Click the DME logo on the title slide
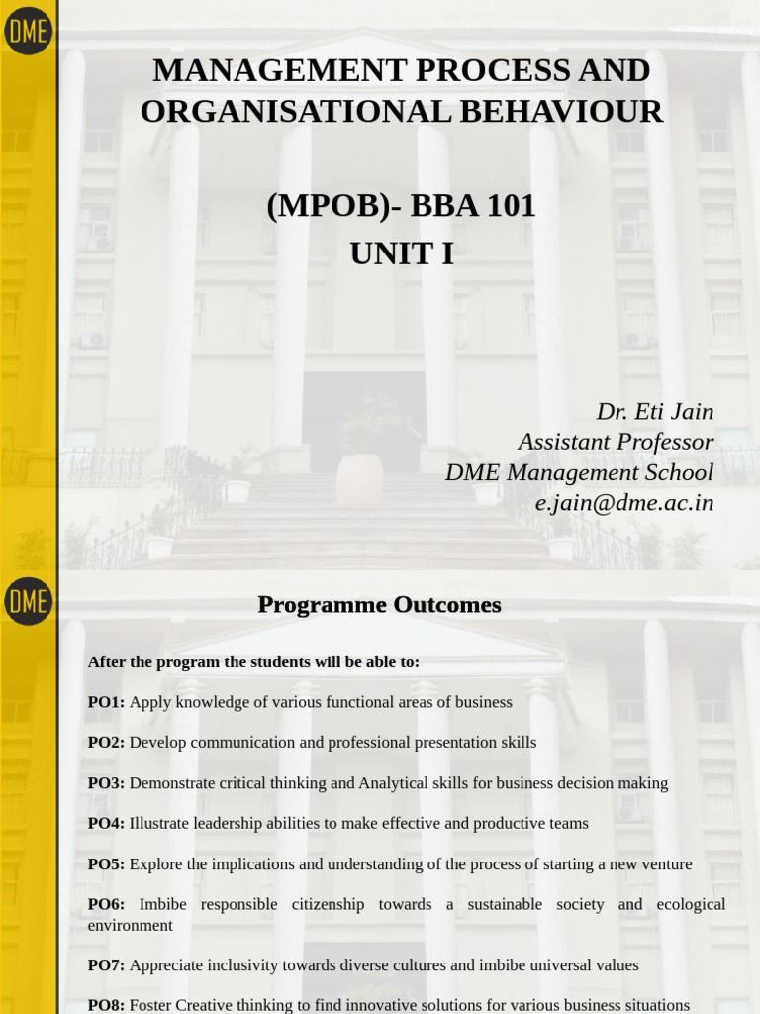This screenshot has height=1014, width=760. pyautogui.click(x=28, y=31)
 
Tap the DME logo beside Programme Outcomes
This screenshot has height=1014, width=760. pyautogui.click(x=28, y=601)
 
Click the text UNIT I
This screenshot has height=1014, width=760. pyautogui.click(x=401, y=253)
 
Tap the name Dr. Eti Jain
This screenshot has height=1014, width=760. pyautogui.click(x=654, y=411)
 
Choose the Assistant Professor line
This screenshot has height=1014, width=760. pyautogui.click(x=615, y=442)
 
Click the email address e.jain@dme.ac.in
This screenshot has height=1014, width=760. pyautogui.click(x=623, y=503)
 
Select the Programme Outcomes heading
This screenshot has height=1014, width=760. pyautogui.click(x=379, y=605)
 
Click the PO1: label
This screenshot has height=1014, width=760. pyautogui.click(x=106, y=702)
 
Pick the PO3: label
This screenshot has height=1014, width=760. pyautogui.click(x=106, y=783)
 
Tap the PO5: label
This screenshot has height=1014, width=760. pyautogui.click(x=106, y=864)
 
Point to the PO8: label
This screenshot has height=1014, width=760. pyautogui.click(x=106, y=1005)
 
